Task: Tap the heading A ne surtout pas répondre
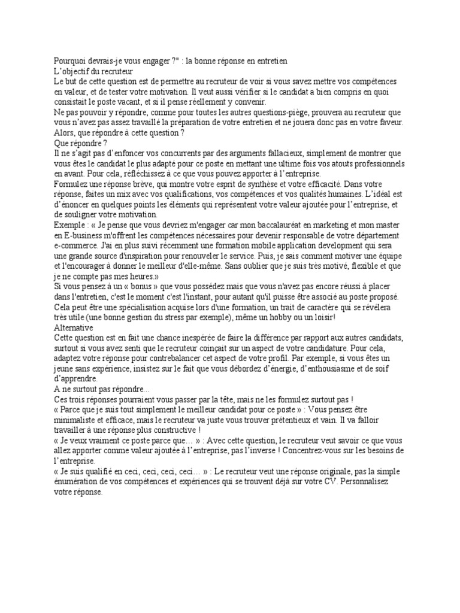click(x=92, y=389)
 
